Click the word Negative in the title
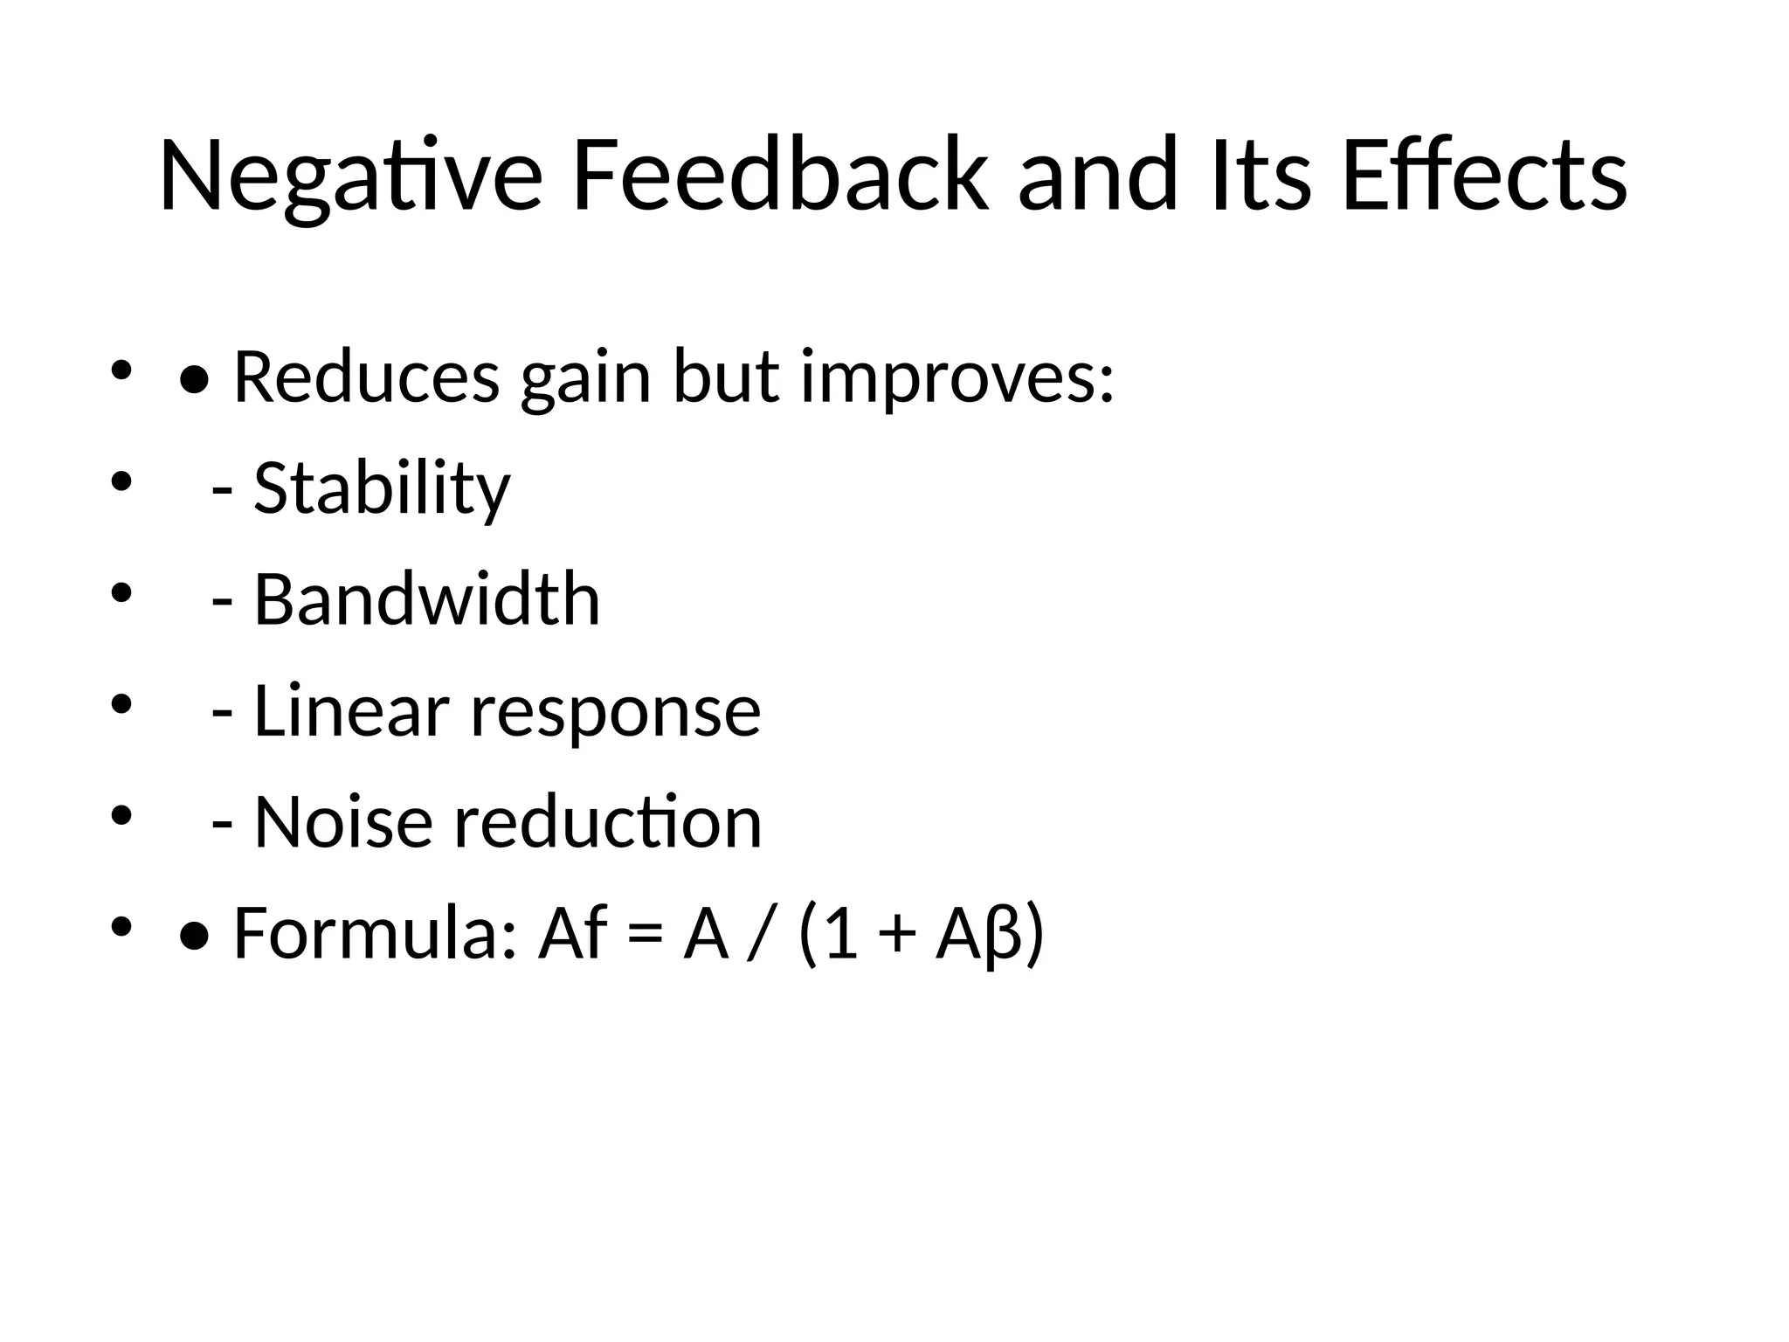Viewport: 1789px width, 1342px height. pos(350,175)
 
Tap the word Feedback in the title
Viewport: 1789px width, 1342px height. pos(778,175)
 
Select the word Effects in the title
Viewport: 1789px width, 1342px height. pos(1484,175)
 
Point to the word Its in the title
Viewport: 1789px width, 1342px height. pos(1261,175)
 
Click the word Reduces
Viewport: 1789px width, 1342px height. pos(367,377)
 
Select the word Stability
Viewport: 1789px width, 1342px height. pos(382,488)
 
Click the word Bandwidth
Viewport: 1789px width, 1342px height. pos(426,599)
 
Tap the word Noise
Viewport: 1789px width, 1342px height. pos(343,822)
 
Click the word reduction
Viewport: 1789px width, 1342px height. pos(608,822)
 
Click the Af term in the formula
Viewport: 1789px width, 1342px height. pos(573,933)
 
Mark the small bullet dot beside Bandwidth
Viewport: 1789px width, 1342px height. pos(121,593)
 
